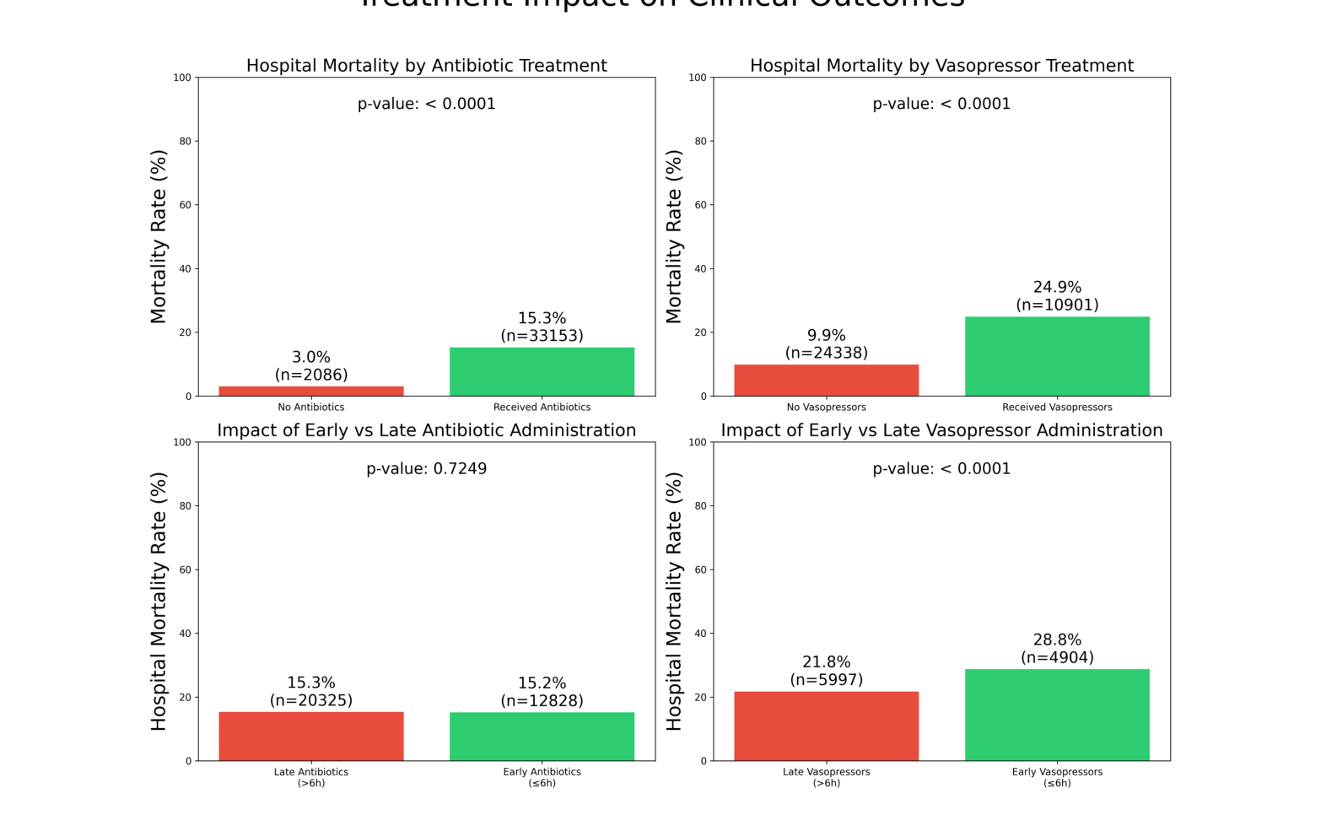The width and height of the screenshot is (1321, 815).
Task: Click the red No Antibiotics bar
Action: (x=311, y=391)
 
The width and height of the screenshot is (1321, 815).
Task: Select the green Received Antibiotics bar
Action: (x=542, y=372)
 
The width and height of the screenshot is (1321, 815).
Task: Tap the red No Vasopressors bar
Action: (x=826, y=381)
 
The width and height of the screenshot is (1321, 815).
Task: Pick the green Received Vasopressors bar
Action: (x=1057, y=357)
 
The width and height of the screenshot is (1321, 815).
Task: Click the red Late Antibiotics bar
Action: (x=311, y=737)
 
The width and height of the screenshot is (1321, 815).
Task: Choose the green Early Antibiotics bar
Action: (x=542, y=737)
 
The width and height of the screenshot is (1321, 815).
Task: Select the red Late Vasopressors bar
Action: (x=826, y=726)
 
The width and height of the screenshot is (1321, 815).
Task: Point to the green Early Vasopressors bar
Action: (x=1057, y=715)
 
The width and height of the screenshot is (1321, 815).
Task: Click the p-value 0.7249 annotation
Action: (x=426, y=469)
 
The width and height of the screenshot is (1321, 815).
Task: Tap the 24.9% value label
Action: (x=1057, y=288)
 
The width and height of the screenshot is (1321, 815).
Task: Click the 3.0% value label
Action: (x=311, y=358)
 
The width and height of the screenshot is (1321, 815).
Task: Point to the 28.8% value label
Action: (x=1057, y=640)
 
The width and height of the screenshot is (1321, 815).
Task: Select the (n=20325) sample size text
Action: (x=311, y=700)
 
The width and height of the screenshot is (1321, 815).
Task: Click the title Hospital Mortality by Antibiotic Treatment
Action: (x=426, y=66)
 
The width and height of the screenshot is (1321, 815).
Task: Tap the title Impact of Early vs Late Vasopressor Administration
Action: (x=941, y=430)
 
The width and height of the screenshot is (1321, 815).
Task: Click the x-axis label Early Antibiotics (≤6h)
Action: (x=542, y=777)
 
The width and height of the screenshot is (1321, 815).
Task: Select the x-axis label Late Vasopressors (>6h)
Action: (x=826, y=777)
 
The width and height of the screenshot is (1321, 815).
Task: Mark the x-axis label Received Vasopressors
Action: (x=1057, y=407)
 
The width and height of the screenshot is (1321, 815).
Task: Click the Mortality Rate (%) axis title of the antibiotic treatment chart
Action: (x=159, y=237)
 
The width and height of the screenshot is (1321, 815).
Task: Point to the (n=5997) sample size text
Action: (x=826, y=680)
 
